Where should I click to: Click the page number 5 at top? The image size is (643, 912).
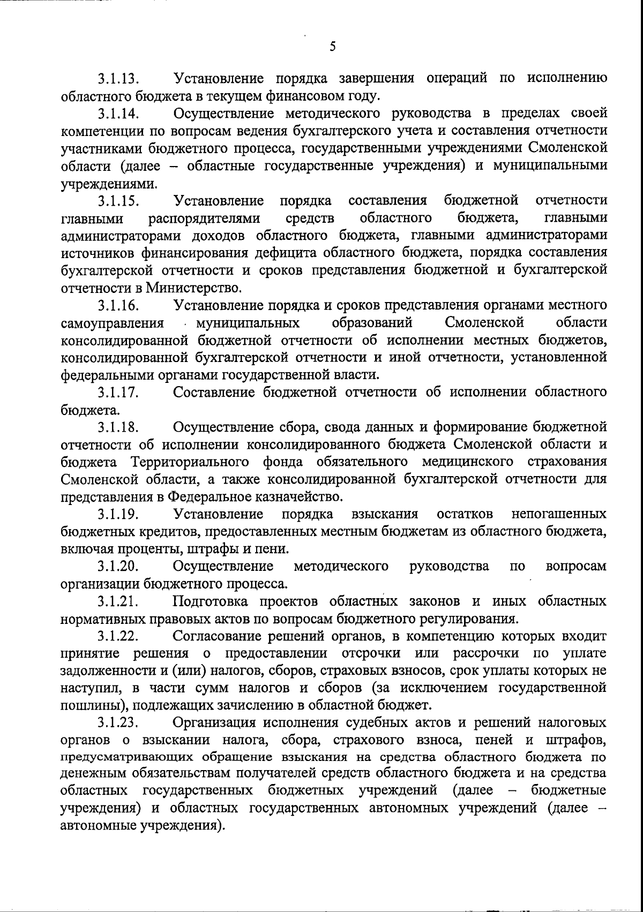(332, 47)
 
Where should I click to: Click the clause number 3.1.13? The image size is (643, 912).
(118, 79)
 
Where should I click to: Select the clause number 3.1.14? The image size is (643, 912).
(118, 114)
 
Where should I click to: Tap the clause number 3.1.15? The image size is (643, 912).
(118, 201)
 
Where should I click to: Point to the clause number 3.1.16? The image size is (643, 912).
(118, 306)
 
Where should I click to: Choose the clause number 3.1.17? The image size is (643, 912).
(118, 393)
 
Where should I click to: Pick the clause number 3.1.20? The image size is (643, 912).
(118, 567)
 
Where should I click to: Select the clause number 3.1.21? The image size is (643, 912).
(118, 601)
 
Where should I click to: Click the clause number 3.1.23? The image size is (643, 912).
(118, 723)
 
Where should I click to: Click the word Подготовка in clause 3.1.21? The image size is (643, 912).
(211, 601)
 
